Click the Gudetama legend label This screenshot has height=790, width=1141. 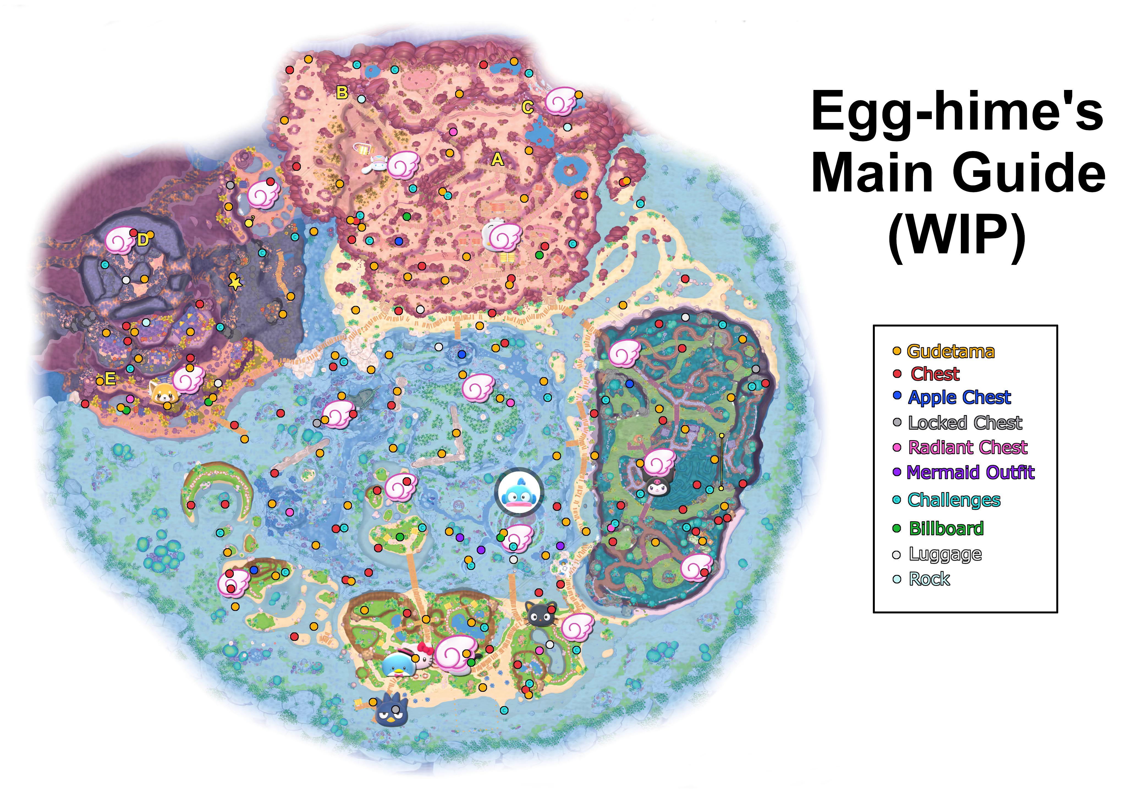point(950,352)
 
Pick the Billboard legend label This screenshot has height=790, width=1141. point(946,529)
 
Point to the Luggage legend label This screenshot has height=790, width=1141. point(945,554)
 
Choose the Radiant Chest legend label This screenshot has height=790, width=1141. point(967,448)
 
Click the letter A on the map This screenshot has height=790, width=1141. point(497,159)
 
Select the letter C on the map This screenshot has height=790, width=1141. point(527,107)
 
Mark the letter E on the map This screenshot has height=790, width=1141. point(110,379)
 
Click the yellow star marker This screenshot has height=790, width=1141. point(235,283)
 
